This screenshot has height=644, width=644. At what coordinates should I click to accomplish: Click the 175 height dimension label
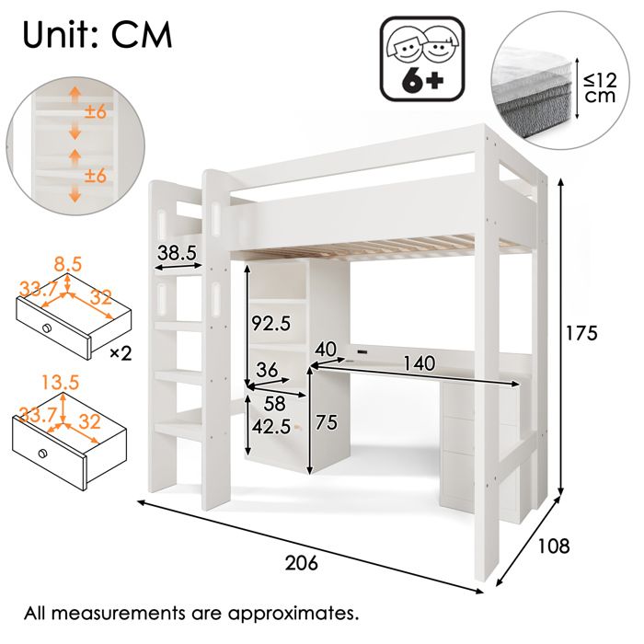581,332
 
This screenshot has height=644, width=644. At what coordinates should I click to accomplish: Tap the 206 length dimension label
302,562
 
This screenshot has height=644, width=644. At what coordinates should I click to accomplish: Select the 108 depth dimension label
554,546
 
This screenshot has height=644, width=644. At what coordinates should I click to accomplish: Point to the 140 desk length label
419,363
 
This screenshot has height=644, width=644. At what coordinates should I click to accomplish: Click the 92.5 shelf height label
271,323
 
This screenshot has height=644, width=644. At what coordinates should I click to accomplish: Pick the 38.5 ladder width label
177,253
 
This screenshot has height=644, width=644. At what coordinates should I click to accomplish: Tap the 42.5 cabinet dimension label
271,426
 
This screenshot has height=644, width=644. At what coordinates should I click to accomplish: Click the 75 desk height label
327,422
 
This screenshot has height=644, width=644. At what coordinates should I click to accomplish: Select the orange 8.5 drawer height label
68,264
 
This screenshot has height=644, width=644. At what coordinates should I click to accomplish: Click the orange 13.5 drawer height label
61,383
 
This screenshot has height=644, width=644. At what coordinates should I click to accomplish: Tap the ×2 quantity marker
121,353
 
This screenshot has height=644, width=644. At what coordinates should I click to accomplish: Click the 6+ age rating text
422,80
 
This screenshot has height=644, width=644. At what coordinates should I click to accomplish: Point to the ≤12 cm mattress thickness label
601,87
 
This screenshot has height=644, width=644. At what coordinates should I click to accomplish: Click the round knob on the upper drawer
46,328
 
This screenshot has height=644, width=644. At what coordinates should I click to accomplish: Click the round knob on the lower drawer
42,454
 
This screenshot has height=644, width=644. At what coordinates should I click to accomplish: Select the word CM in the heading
142,35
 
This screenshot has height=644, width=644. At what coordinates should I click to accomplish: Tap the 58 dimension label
274,403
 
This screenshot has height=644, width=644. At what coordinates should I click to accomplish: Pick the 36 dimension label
267,370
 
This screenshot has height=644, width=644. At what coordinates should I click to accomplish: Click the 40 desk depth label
326,350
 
